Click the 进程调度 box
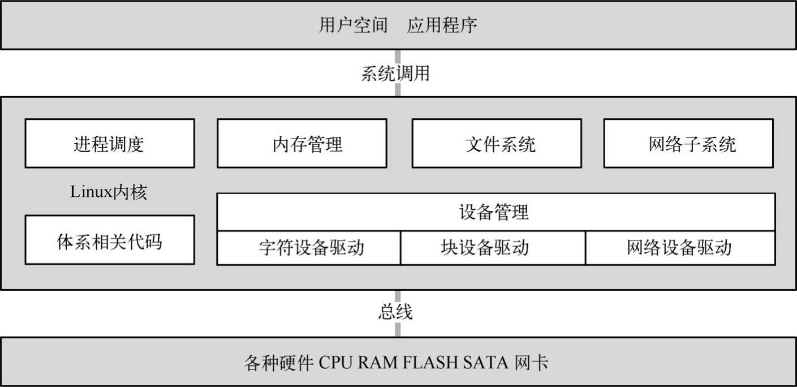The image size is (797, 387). pos(109,144)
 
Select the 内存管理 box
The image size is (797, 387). pos(302,144)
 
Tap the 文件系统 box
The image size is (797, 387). pos(497,144)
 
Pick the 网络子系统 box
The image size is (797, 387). pos(688,144)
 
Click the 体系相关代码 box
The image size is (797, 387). pos(109,240)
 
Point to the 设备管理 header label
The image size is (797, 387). pos(496,212)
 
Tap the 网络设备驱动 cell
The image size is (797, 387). pos(679,248)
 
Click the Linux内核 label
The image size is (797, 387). pos(109,192)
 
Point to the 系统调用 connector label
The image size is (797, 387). pos(395,74)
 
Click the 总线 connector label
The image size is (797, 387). pos(395,312)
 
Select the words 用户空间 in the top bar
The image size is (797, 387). pos(353,25)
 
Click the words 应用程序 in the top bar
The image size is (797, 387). pos(442,25)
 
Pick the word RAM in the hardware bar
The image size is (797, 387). pos(378,362)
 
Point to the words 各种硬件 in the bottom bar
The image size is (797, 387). pos(279,362)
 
